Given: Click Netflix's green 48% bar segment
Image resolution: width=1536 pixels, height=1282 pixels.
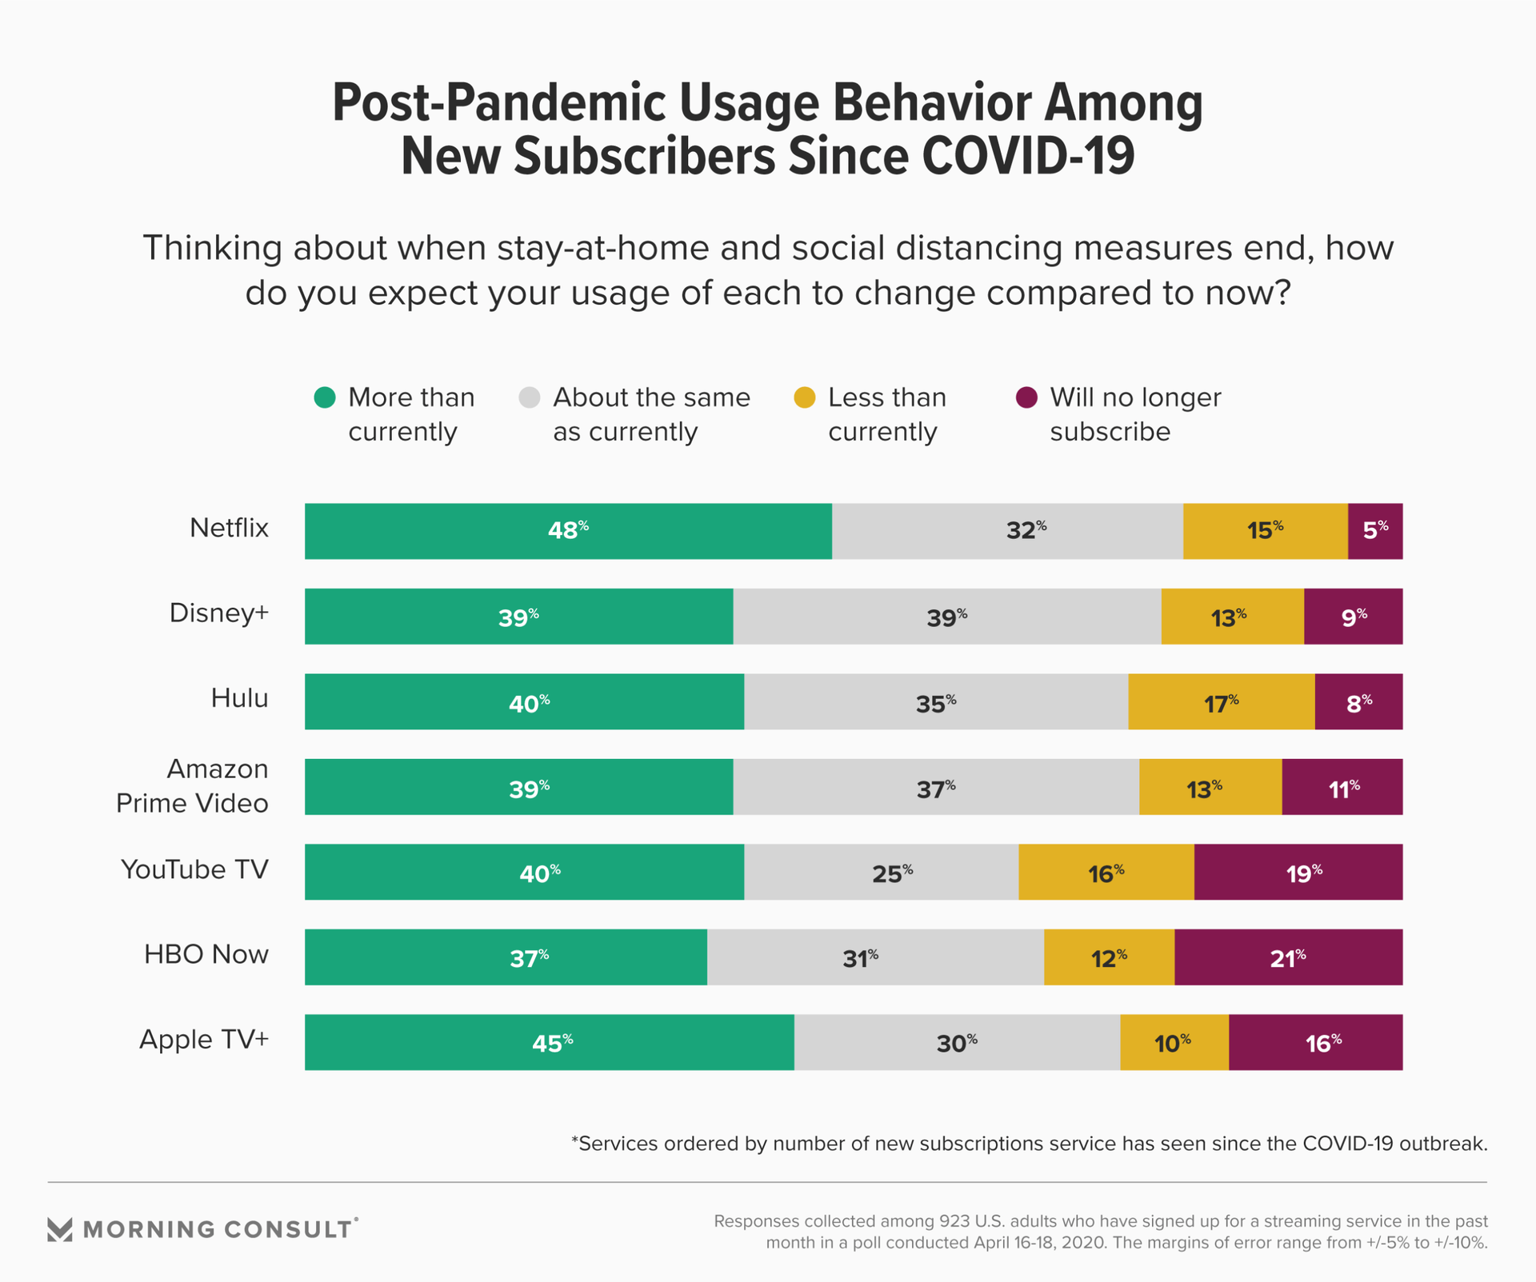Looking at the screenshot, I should coord(568,531).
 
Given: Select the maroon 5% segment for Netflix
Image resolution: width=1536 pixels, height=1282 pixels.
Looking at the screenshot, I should coord(1374,531).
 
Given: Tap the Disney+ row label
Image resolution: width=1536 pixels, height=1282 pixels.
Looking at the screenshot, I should coord(219,613).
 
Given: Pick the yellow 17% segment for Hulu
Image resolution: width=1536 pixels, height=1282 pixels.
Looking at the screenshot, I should coord(1221,701).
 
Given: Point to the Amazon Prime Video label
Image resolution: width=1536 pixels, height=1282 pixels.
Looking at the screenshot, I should coord(193,786).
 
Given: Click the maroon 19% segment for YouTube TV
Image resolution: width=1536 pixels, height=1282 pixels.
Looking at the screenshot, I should coord(1298,872).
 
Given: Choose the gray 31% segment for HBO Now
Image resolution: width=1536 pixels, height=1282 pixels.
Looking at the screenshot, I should coord(875,957).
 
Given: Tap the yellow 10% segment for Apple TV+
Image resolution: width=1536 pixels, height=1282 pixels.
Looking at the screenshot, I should coord(1174,1042).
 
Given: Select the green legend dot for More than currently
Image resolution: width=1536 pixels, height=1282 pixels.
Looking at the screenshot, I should coord(325,397).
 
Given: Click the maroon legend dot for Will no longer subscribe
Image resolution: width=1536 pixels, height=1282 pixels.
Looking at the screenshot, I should coord(1026,397).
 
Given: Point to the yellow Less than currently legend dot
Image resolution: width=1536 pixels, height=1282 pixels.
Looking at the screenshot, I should coord(805,397).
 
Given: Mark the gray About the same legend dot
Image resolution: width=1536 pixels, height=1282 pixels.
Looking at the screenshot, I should coord(530,397).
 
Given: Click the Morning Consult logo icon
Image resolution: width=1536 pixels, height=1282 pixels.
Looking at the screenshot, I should coord(60,1229).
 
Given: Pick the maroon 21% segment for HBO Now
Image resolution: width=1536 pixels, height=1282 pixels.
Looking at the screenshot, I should coord(1288,957).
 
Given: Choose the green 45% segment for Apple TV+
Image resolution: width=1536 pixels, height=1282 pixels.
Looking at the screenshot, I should coord(550,1042).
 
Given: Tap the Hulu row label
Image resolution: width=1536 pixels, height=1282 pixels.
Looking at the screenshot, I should coord(239,698).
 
